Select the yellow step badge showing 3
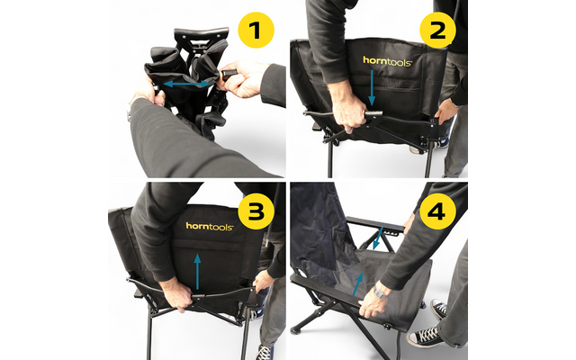click(256, 213)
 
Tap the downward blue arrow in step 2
click(373, 90)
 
